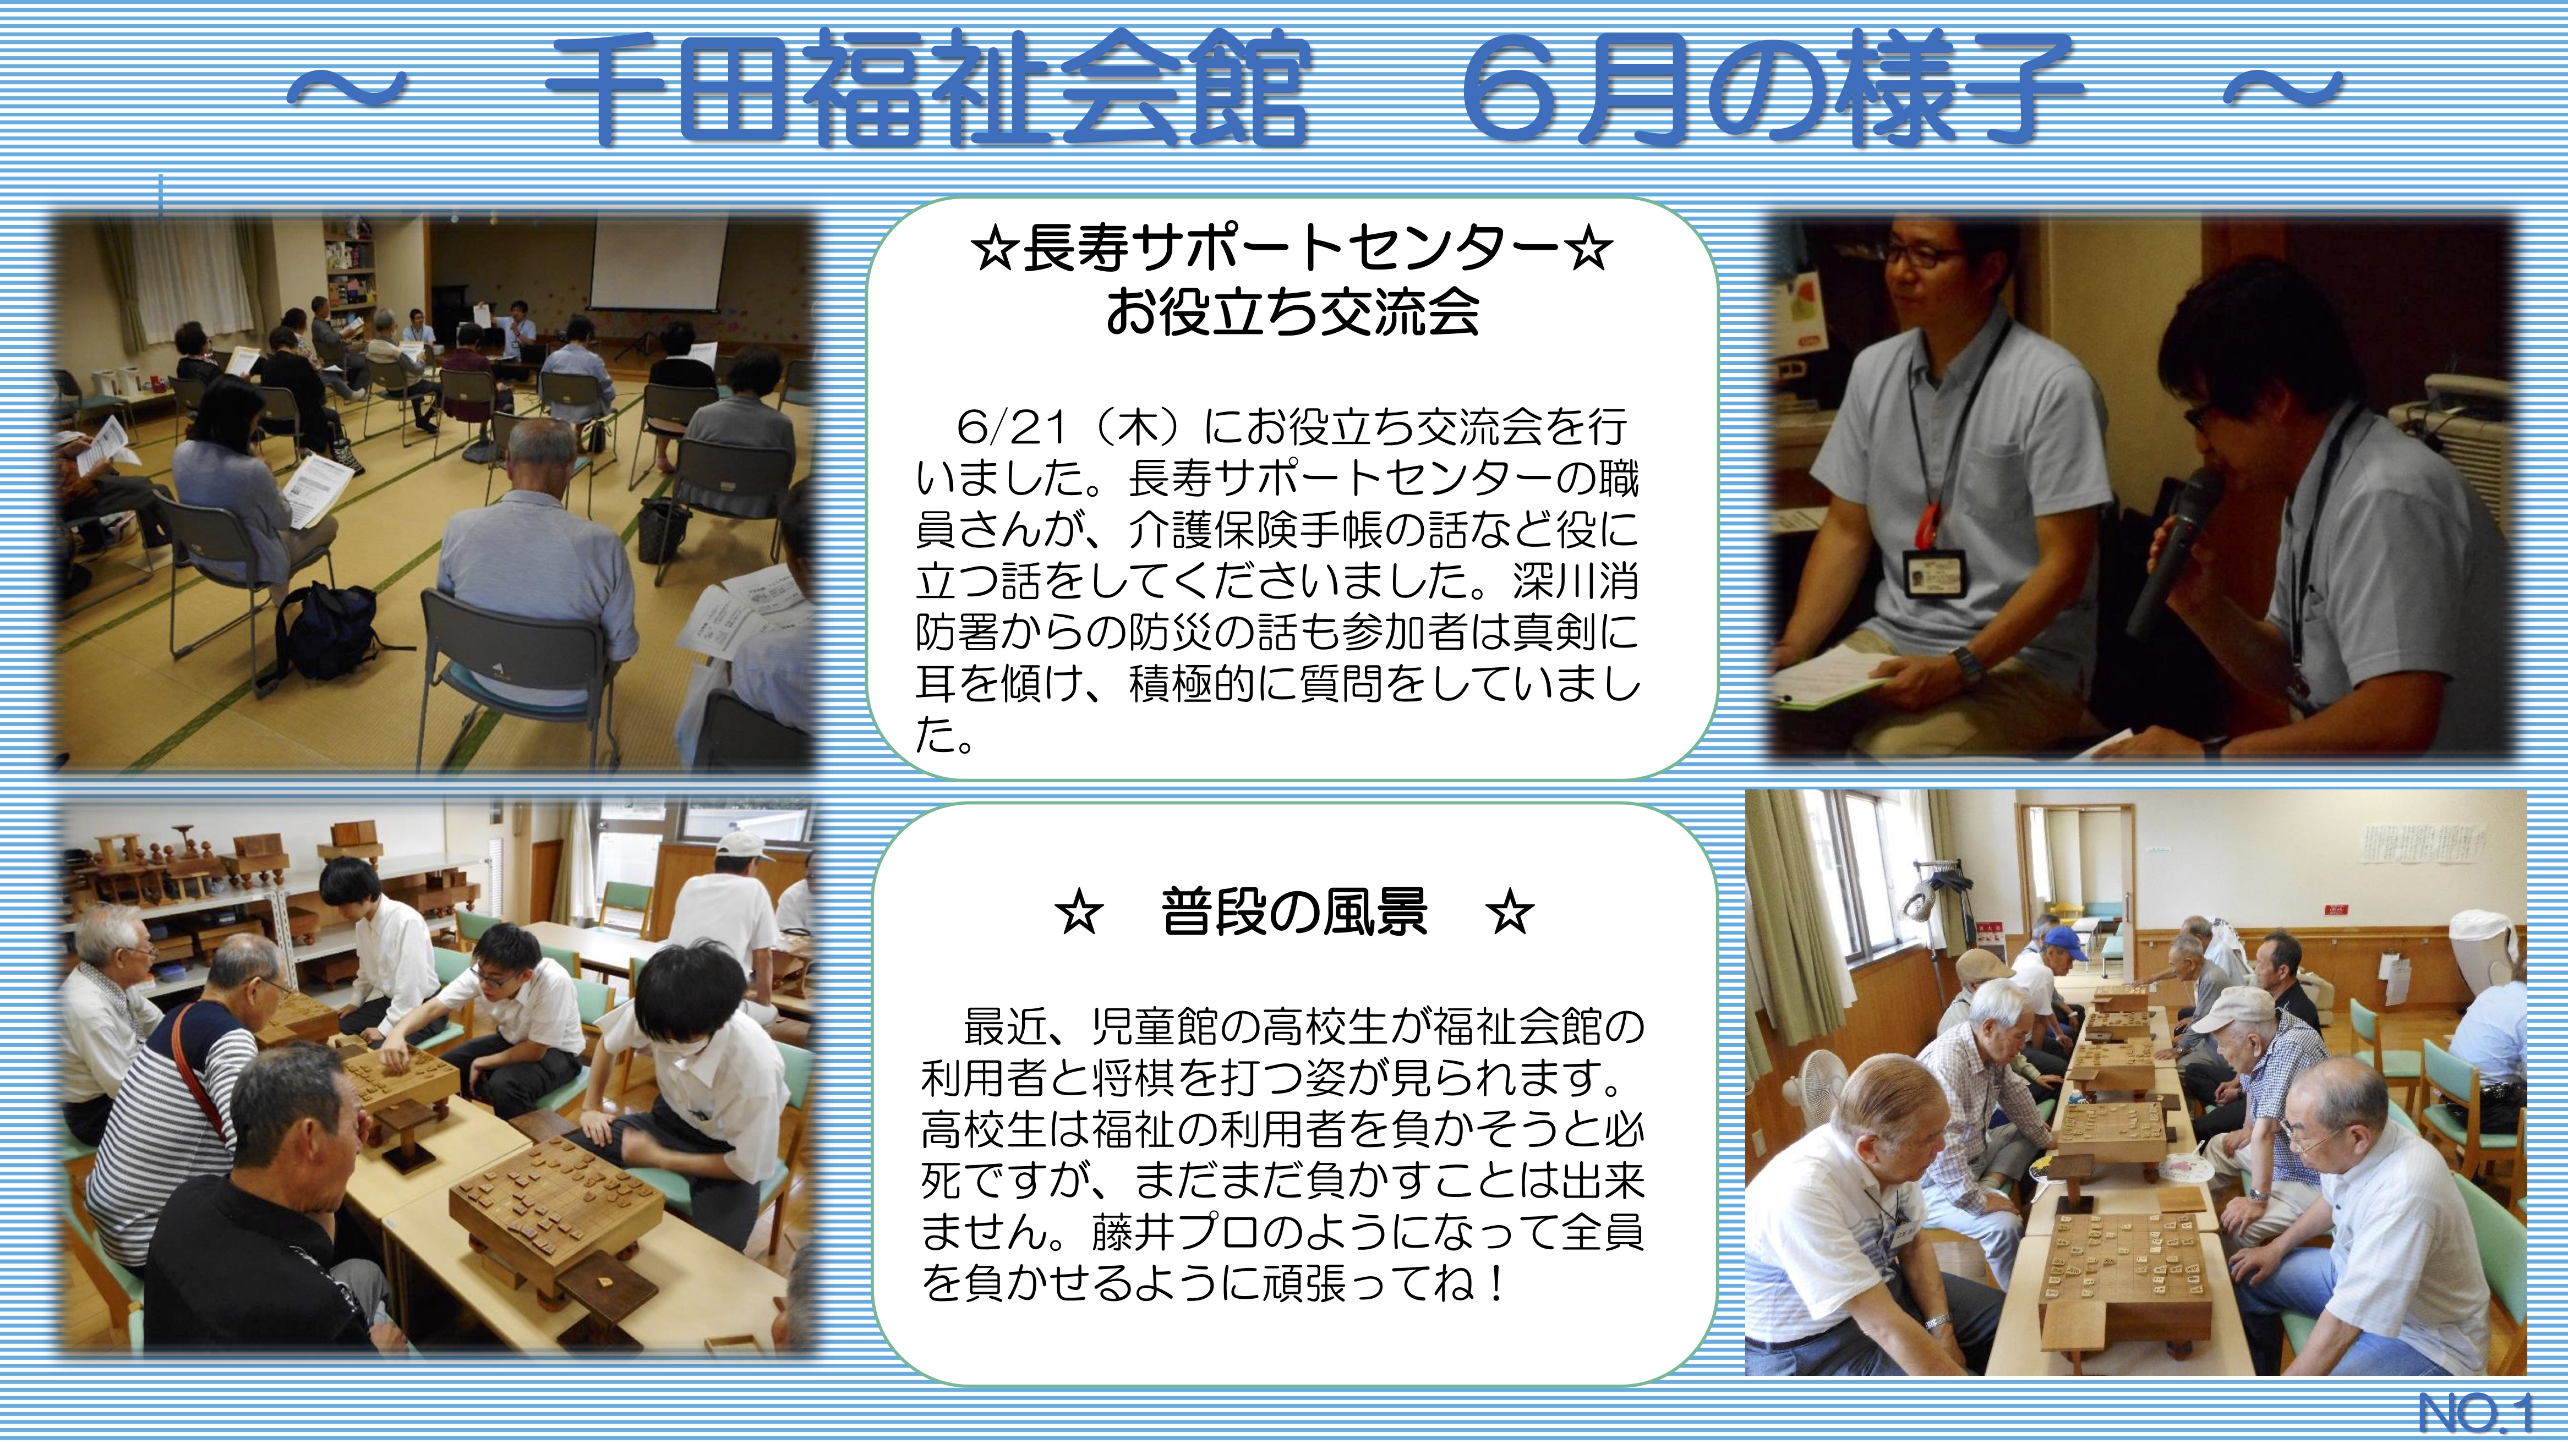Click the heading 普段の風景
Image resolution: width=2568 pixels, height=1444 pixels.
pyautogui.click(x=1294, y=912)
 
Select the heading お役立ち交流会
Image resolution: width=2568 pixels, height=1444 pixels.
pyautogui.click(x=1293, y=312)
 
